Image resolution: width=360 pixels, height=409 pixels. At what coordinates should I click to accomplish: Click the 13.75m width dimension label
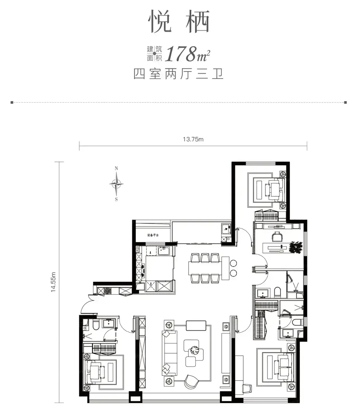click(193, 139)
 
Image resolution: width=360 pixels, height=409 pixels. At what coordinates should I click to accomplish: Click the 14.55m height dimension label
click(53, 282)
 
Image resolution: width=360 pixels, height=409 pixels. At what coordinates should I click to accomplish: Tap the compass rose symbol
click(116, 184)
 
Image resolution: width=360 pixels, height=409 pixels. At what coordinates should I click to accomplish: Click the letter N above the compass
click(116, 168)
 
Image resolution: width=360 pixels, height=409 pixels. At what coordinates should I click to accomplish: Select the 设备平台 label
click(153, 235)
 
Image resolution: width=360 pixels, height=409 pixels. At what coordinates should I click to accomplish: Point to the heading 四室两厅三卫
click(179, 74)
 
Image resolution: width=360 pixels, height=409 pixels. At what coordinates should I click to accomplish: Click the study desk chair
click(277, 236)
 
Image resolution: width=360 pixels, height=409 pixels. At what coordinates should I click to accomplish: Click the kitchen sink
click(164, 251)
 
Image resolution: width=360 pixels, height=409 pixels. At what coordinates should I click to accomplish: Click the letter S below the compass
click(116, 200)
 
